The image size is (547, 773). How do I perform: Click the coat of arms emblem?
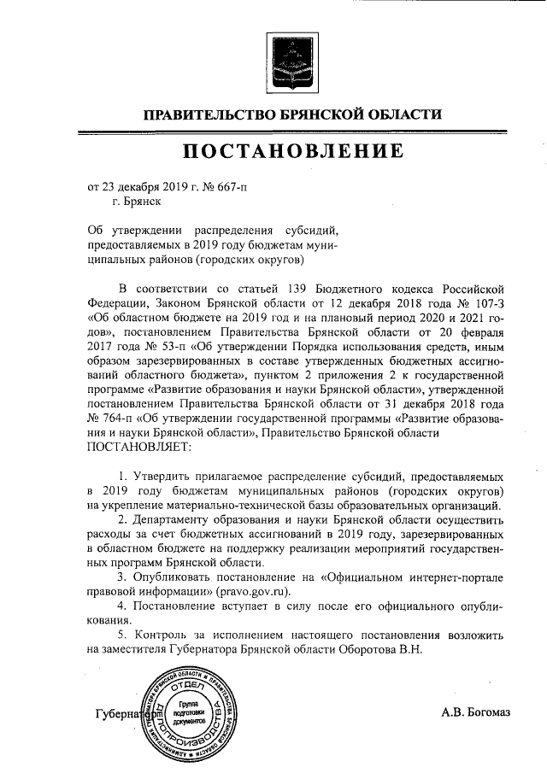(291, 62)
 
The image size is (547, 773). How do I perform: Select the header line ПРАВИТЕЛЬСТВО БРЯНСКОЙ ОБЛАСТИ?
(291, 114)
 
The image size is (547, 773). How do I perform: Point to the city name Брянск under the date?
(136, 202)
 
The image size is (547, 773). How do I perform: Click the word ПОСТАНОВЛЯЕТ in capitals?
(140, 445)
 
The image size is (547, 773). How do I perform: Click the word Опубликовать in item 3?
(173, 576)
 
